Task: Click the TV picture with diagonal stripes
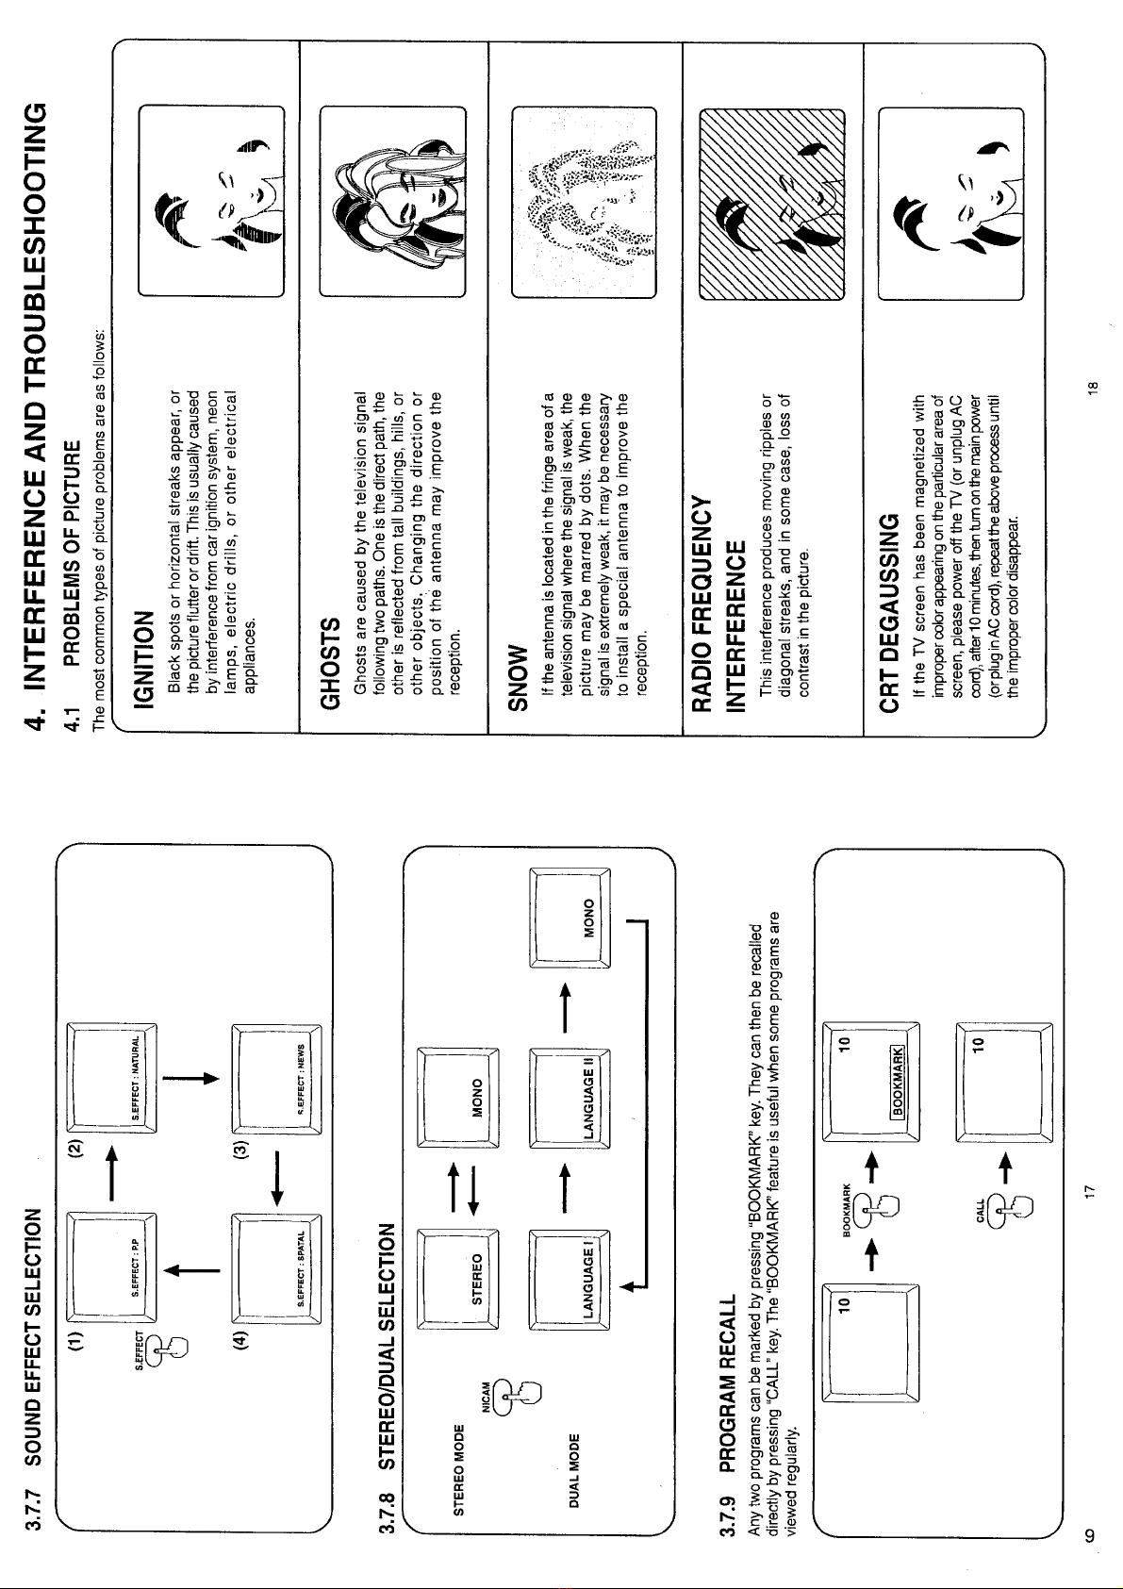(771, 203)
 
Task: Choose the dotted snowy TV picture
(582, 203)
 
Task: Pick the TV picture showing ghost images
(392, 203)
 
